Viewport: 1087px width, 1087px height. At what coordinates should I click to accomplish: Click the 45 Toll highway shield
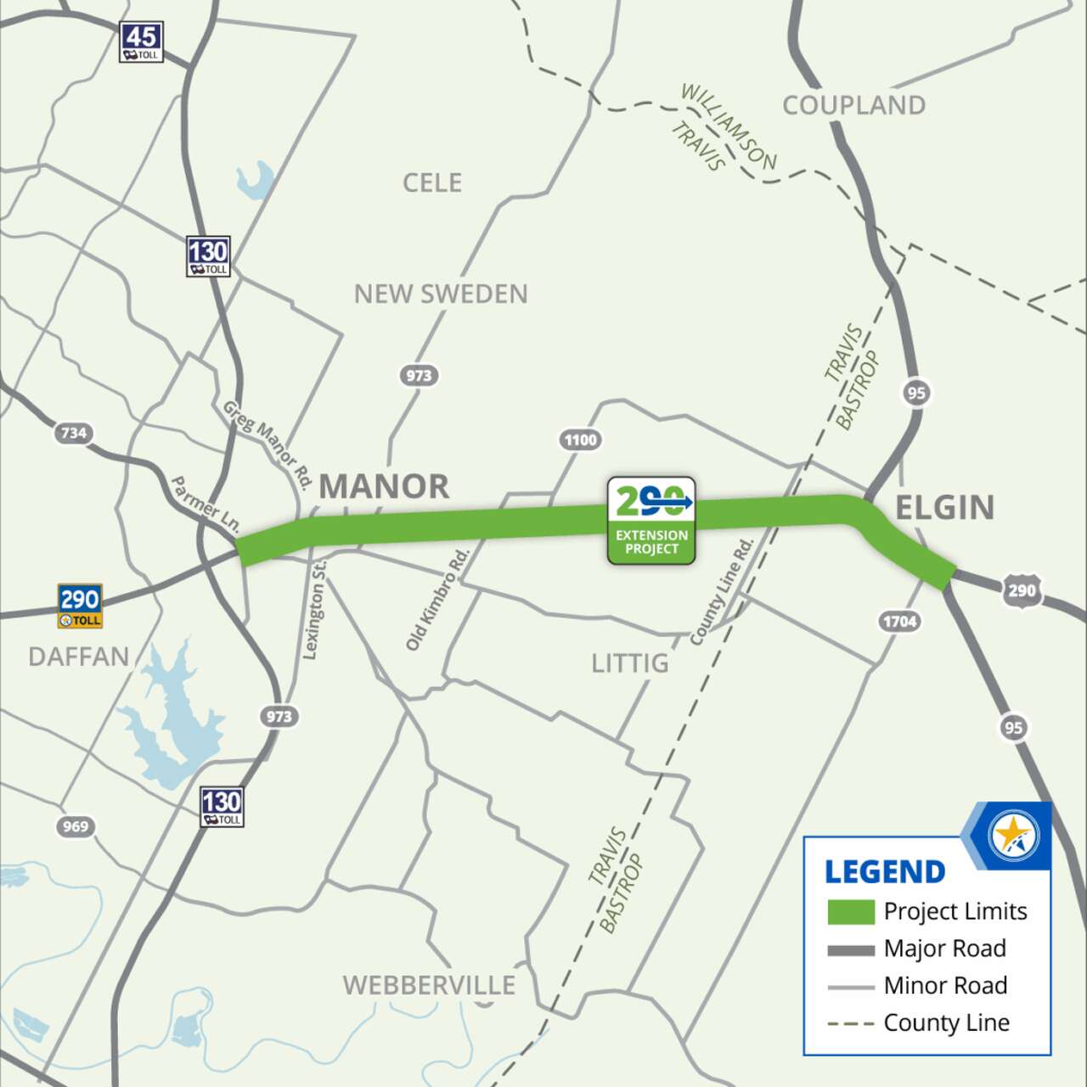141,42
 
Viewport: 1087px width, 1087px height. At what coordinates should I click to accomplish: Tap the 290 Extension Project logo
651,520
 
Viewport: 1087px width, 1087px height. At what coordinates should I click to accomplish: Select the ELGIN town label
944,508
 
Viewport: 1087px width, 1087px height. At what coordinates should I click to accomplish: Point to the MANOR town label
384,487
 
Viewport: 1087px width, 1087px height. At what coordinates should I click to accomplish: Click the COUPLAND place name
853,105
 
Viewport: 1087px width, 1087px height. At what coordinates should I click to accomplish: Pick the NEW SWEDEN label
441,294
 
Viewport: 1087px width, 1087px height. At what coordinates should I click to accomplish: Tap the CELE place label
432,183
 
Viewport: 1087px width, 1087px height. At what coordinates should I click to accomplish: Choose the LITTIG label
630,662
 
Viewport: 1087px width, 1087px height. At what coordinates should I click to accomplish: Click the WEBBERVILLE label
429,985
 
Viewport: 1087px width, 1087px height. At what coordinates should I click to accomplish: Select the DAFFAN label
79,656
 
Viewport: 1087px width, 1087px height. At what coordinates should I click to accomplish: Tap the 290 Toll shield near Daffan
80,605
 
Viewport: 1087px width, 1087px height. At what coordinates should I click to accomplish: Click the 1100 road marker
581,440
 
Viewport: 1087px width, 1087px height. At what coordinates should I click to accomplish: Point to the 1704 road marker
899,622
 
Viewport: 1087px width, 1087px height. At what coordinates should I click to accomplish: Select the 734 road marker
73,433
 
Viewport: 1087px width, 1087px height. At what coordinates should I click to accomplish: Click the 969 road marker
76,826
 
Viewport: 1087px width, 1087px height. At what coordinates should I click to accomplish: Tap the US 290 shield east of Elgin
1022,590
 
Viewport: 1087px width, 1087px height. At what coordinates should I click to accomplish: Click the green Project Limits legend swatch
851,912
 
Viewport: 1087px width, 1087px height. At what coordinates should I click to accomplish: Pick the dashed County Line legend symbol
851,1023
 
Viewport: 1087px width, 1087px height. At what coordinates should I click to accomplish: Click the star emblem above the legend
1013,835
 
